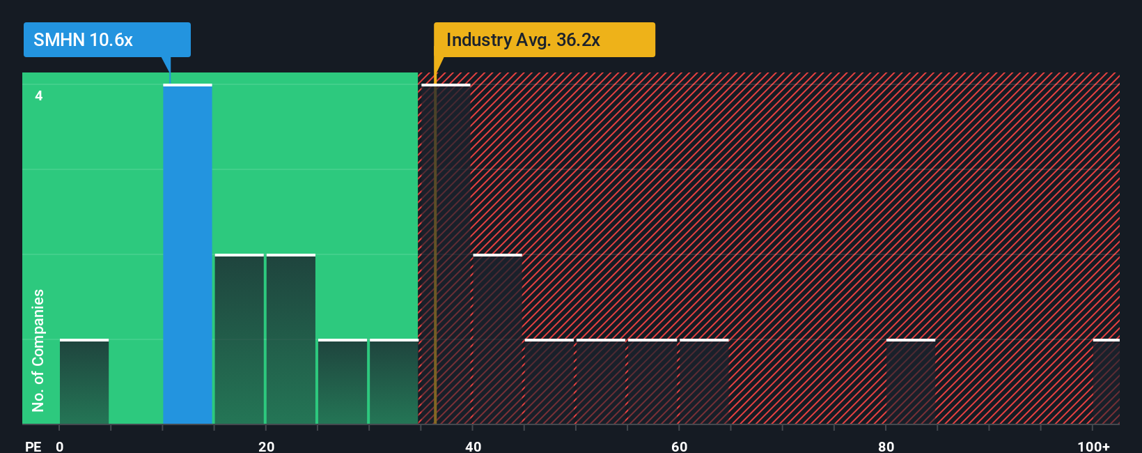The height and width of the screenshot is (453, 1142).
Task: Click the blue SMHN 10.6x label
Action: (107, 40)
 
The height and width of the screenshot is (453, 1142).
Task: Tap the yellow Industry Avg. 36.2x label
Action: (544, 40)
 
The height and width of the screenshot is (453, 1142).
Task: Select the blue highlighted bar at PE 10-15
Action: (187, 254)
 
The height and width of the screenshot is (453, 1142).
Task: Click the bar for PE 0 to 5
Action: (84, 382)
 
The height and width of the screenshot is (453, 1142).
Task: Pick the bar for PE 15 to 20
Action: (239, 339)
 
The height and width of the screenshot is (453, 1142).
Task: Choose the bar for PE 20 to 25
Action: (290, 339)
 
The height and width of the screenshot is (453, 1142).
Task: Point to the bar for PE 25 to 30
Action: (342, 382)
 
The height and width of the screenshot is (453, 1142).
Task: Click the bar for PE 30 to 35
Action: (393, 382)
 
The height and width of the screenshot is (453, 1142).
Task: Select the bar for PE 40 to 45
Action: (497, 339)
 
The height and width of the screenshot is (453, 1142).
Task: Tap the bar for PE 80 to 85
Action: (910, 382)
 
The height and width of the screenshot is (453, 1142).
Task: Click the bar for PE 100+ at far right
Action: (1106, 382)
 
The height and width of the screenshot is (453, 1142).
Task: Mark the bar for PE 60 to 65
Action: (704, 382)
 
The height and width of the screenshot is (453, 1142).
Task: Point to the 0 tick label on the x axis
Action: (60, 446)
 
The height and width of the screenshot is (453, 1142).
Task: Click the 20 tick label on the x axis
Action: (266, 446)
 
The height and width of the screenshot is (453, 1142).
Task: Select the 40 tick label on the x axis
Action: (473, 446)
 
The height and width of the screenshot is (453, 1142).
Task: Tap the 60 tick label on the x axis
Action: (679, 446)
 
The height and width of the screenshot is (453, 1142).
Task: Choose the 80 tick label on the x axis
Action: (886, 446)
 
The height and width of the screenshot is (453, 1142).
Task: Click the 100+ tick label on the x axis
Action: (1093, 446)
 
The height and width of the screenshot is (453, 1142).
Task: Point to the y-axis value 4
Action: (39, 95)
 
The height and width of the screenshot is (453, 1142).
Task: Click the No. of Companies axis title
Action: (38, 350)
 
